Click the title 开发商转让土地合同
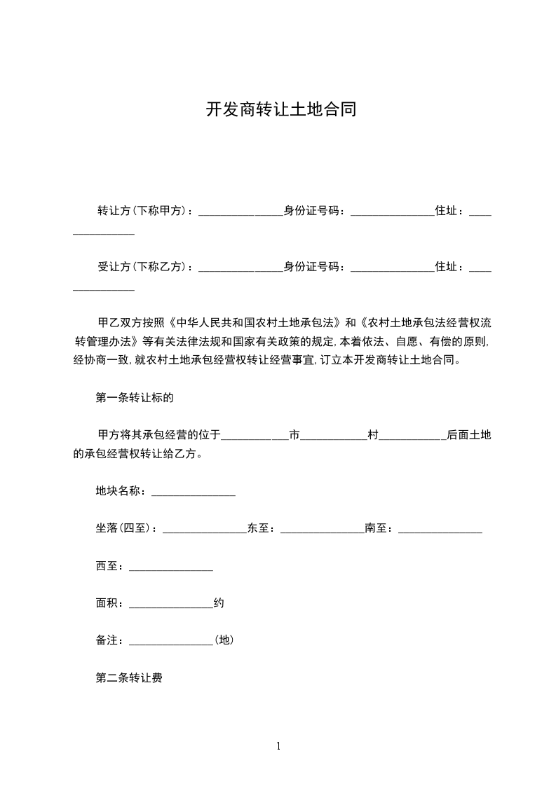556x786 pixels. [x=280, y=110]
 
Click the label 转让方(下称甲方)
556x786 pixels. [x=144, y=210]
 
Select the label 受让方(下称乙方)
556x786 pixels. [x=144, y=266]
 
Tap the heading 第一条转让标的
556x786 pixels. [x=134, y=398]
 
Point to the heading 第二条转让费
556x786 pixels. [x=129, y=678]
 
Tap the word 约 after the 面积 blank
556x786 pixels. [x=219, y=603]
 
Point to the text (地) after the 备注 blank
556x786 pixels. [x=224, y=640]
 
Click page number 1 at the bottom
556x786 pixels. [x=278, y=746]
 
